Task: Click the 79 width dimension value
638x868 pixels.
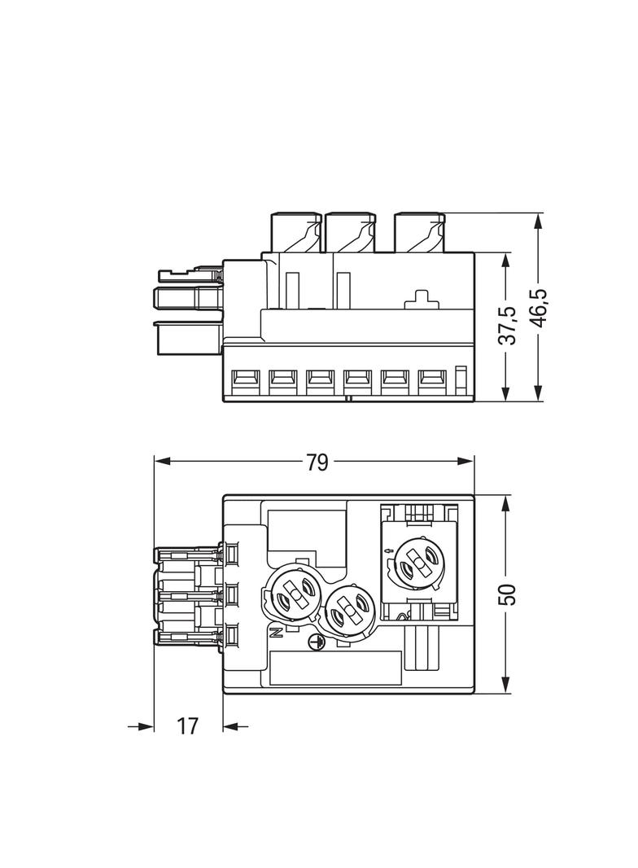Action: tap(317, 462)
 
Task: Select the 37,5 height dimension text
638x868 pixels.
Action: tap(507, 325)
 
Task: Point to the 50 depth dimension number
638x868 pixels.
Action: tap(507, 594)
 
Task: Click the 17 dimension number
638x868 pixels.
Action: tap(187, 726)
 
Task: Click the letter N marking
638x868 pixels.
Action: tap(275, 631)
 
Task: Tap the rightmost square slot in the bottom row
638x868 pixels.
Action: tap(431, 379)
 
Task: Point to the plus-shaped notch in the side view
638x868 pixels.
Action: tap(421, 299)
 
